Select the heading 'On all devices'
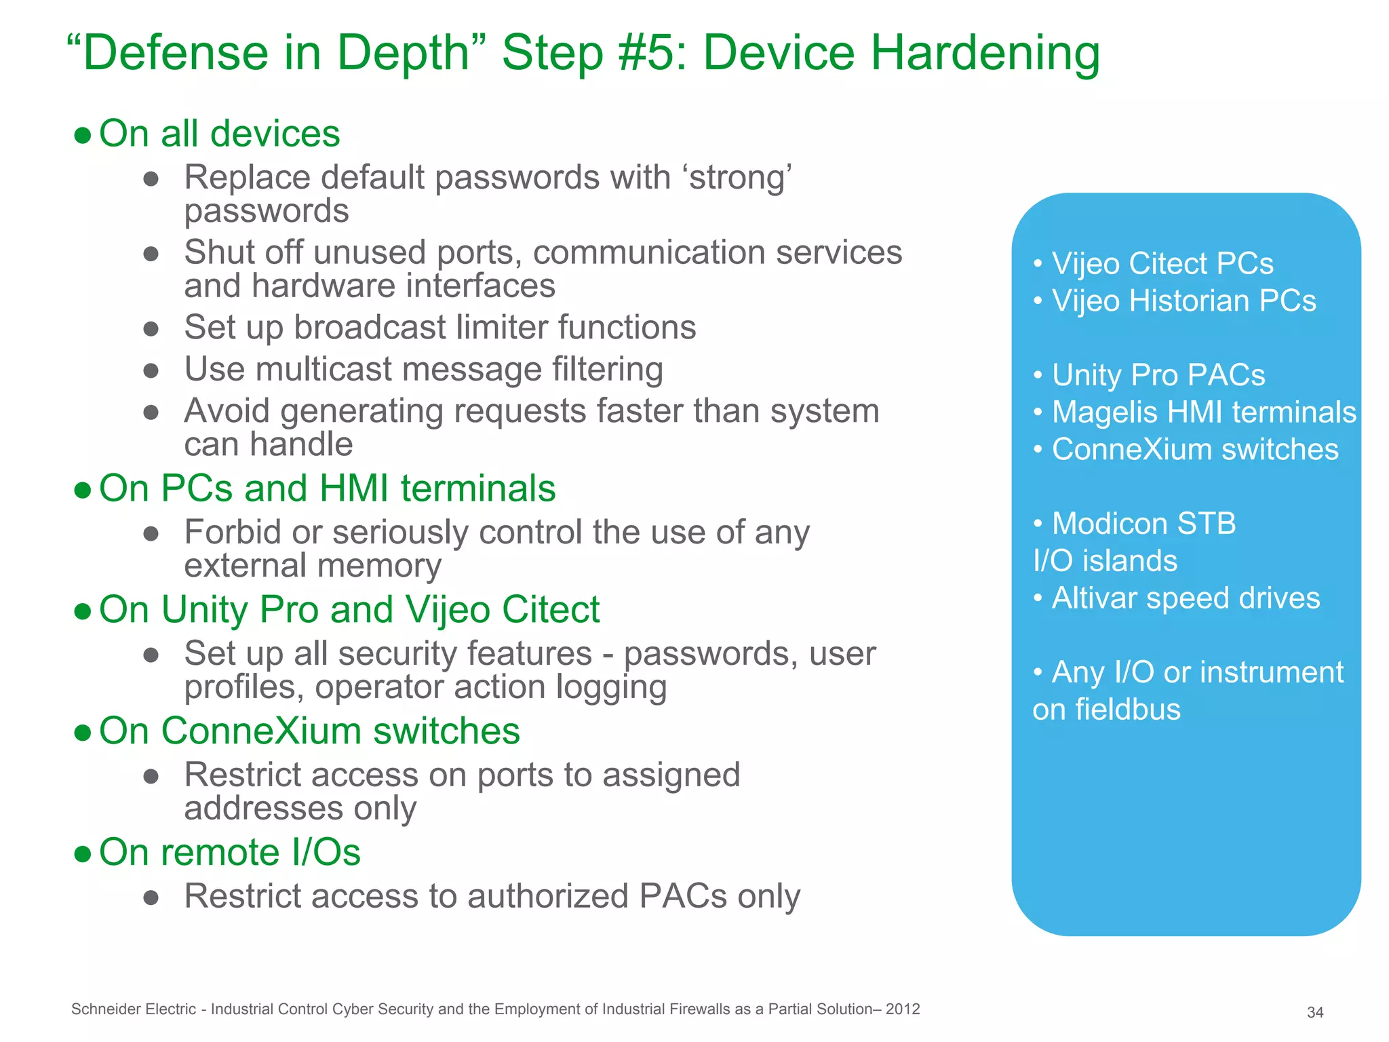[x=219, y=134]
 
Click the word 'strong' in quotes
[x=740, y=178]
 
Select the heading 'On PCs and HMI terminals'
[x=327, y=488]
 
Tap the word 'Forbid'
[x=232, y=532]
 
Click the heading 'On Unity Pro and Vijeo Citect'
[x=349, y=610]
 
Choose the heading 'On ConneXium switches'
[x=309, y=731]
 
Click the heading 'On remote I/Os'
[x=229, y=853]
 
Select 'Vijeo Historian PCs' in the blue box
[x=1183, y=301]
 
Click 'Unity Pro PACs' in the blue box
[x=1158, y=375]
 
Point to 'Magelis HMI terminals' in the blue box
[x=1203, y=412]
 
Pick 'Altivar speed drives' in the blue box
[x=1185, y=598]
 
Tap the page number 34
[x=1315, y=1012]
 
